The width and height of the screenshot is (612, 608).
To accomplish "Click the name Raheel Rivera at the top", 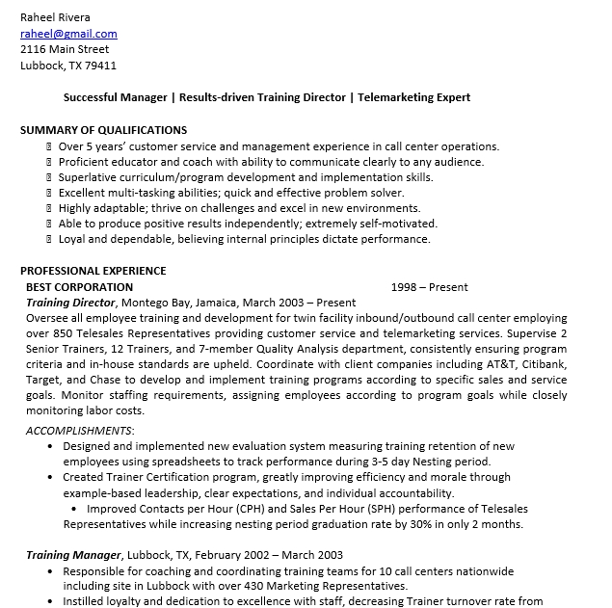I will (55, 18).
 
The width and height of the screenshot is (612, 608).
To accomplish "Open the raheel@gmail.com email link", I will (68, 34).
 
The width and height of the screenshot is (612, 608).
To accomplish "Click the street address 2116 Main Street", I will (65, 49).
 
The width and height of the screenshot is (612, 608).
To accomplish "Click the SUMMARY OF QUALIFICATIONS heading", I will (103, 130).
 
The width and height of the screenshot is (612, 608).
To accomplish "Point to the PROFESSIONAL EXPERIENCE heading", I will (93, 271).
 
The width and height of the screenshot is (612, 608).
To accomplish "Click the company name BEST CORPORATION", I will (79, 287).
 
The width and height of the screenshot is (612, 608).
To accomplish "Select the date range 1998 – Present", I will (429, 287).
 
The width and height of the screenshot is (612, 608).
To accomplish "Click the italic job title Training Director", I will (70, 303).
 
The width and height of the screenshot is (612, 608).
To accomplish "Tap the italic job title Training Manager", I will (73, 555).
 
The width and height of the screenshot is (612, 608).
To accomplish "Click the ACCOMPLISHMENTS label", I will (79, 430).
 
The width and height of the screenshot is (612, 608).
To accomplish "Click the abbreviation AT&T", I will (491, 365).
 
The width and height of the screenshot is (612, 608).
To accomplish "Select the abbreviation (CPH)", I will (244, 509).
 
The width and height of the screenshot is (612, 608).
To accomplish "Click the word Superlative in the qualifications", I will (87, 177).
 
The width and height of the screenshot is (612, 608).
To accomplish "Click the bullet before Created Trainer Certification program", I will (50, 477).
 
